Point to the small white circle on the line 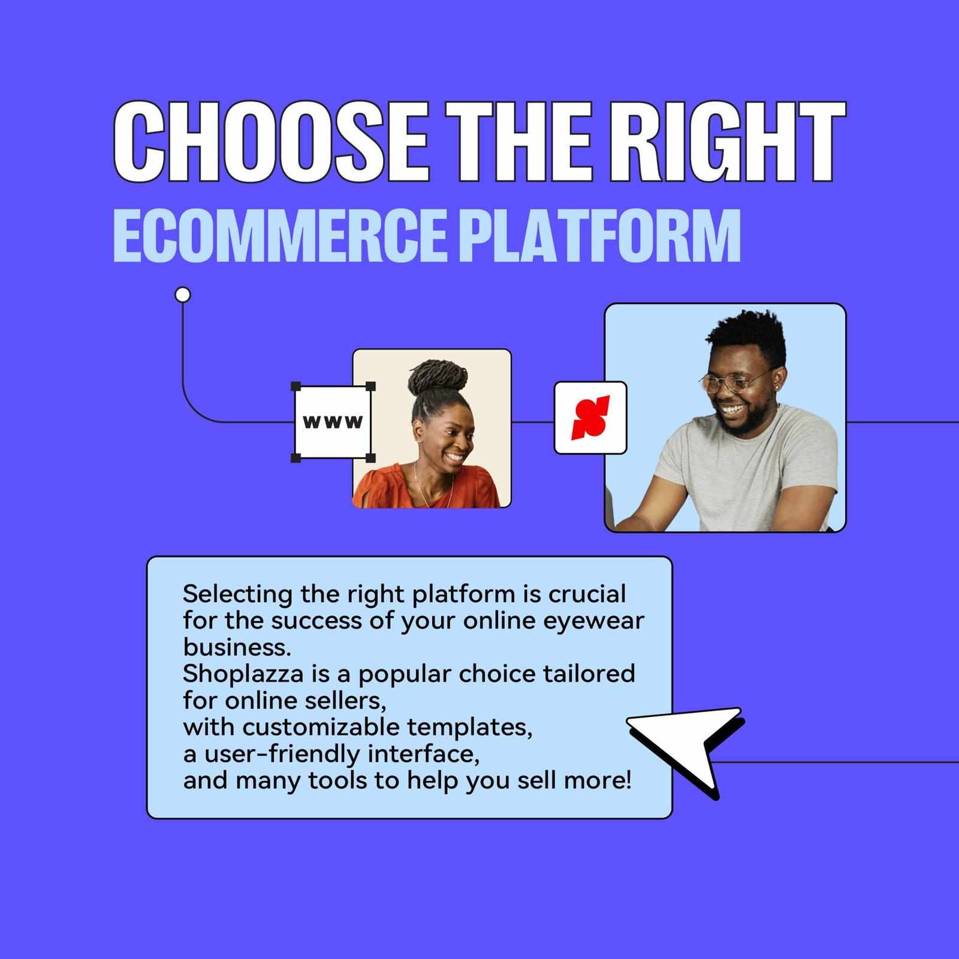point(183,295)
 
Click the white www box point(333,422)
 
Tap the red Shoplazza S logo point(590,418)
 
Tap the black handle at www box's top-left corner point(295,386)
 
